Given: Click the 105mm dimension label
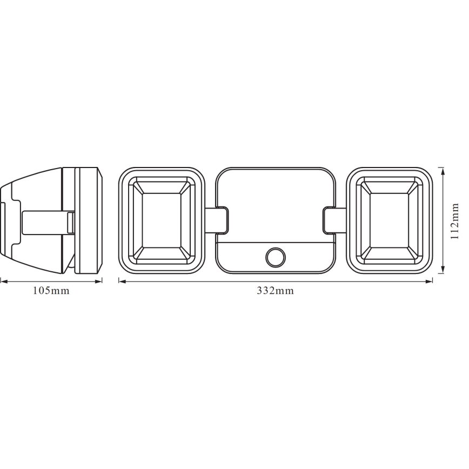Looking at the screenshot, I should click(x=51, y=291).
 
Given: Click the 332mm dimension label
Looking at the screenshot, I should click(x=276, y=291).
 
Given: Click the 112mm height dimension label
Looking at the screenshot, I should click(x=454, y=221).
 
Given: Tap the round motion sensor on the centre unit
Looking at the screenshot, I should click(x=276, y=257).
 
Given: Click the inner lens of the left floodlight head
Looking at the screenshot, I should click(x=162, y=220).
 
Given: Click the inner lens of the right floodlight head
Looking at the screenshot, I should click(x=389, y=220).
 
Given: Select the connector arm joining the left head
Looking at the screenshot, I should click(x=217, y=220).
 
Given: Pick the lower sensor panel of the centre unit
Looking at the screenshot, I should click(x=243, y=258).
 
